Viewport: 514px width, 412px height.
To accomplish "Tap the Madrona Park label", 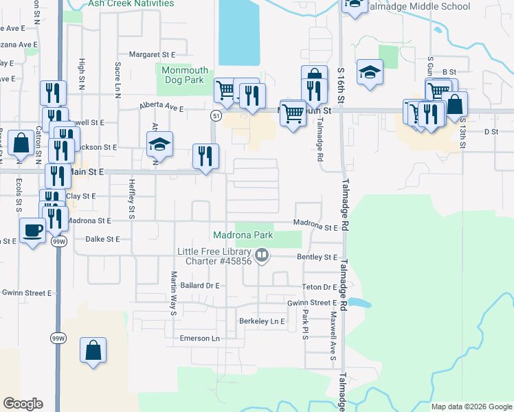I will tap(243, 235).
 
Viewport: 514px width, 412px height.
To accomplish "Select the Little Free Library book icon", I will tap(261, 257).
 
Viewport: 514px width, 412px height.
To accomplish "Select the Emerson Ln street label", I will tap(199, 339).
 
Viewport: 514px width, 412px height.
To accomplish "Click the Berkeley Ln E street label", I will tap(261, 321).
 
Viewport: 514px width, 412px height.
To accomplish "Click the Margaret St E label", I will tap(153, 54).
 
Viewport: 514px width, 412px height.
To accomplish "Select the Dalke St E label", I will tap(103, 239).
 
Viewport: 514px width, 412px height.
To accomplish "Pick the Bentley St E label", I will tap(317, 257).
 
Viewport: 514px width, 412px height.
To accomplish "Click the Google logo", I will tap(23, 404).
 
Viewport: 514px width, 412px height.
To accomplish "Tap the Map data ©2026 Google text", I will tap(471, 407).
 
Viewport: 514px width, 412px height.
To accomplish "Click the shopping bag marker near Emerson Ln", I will tap(93, 350).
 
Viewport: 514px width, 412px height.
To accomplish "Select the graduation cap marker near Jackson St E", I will tap(159, 144).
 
